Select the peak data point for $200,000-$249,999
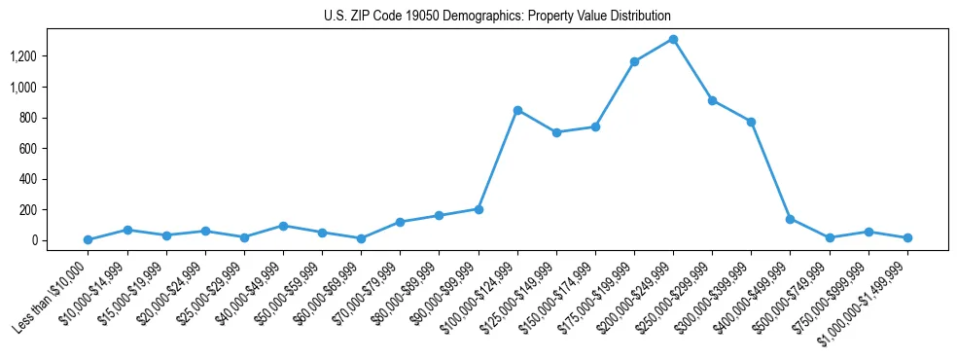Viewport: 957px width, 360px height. pyautogui.click(x=673, y=40)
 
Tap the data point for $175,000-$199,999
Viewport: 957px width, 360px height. pyautogui.click(x=634, y=61)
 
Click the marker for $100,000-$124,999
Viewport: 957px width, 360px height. pyautogui.click(x=517, y=110)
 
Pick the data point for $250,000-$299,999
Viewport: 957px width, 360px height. pyautogui.click(x=712, y=100)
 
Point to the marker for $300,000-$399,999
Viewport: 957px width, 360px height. pyautogui.click(x=751, y=122)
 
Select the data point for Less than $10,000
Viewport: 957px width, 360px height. pyautogui.click(x=89, y=239)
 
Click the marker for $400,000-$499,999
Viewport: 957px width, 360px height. pyautogui.click(x=790, y=219)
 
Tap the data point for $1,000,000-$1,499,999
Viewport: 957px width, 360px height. pyautogui.click(x=906, y=237)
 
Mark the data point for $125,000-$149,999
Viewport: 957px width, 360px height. pyautogui.click(x=556, y=132)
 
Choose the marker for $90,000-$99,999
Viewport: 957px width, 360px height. pyautogui.click(x=478, y=209)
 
